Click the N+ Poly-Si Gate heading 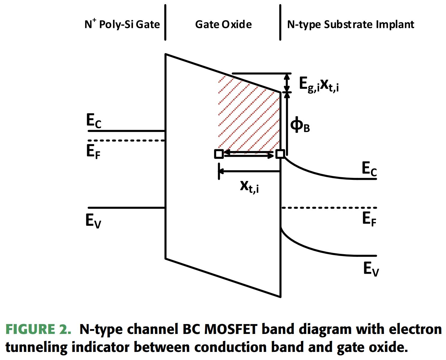[x=122, y=24]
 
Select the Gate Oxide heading [x=223, y=24]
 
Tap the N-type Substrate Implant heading [x=350, y=24]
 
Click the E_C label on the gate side [x=94, y=121]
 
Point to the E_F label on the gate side [x=93, y=151]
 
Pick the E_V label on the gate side [x=93, y=221]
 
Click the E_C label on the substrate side [x=369, y=168]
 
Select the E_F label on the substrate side [x=369, y=219]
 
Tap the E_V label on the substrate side [x=371, y=269]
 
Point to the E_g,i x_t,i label [x=319, y=85]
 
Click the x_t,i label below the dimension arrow [x=249, y=186]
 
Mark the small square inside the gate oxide [x=219, y=154]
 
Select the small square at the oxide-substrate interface [x=280, y=154]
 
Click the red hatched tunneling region [x=249, y=117]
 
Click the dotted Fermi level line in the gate [x=126, y=140]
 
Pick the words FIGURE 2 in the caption [x=38, y=329]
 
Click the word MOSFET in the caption [x=230, y=329]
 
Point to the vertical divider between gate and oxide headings [x=165, y=22]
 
